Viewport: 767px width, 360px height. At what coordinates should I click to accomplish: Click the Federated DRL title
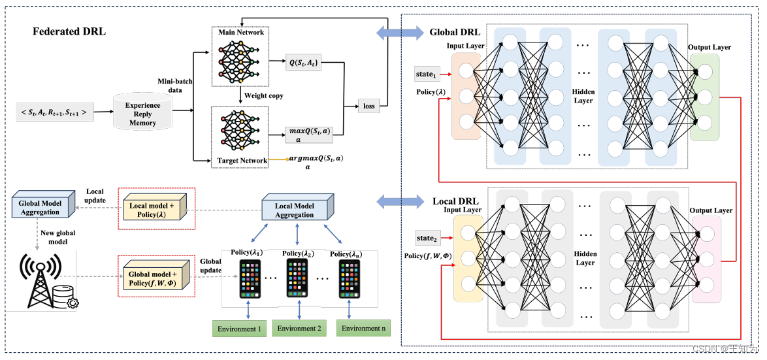coord(69,32)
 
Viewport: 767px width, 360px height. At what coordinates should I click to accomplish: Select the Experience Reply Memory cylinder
coord(142,112)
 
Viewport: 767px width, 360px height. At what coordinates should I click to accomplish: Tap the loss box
coord(369,106)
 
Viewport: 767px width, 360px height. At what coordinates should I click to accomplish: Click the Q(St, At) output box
coord(303,63)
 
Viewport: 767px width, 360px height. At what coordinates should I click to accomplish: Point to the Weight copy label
coord(264,96)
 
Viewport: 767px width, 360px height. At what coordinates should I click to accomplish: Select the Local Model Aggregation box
coord(294,210)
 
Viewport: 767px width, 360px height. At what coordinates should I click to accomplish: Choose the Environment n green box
coord(361,328)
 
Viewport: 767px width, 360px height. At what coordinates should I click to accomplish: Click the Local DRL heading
coord(456,201)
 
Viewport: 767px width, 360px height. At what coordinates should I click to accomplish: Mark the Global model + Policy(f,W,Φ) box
coord(157,277)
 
